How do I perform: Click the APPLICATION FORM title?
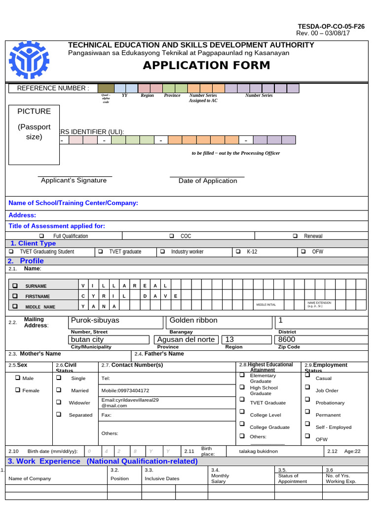tap(206, 65)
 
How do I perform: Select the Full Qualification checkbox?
tap(41, 236)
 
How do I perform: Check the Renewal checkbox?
tap(295, 236)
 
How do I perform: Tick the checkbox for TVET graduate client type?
tap(101, 252)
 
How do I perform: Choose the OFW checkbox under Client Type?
tap(303, 252)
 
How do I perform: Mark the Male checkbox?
tap(18, 378)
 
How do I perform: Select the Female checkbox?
tap(18, 390)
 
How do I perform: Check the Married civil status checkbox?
tap(59, 390)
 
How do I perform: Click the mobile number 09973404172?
tap(125, 390)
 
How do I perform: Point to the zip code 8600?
tap(287, 339)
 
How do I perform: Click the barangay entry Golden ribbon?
tap(193, 320)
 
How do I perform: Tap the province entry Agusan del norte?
tap(186, 339)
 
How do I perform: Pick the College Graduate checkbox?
tap(242, 424)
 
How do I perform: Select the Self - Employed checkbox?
tap(307, 424)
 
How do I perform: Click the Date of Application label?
tap(208, 181)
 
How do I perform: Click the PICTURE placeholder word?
tap(34, 111)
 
